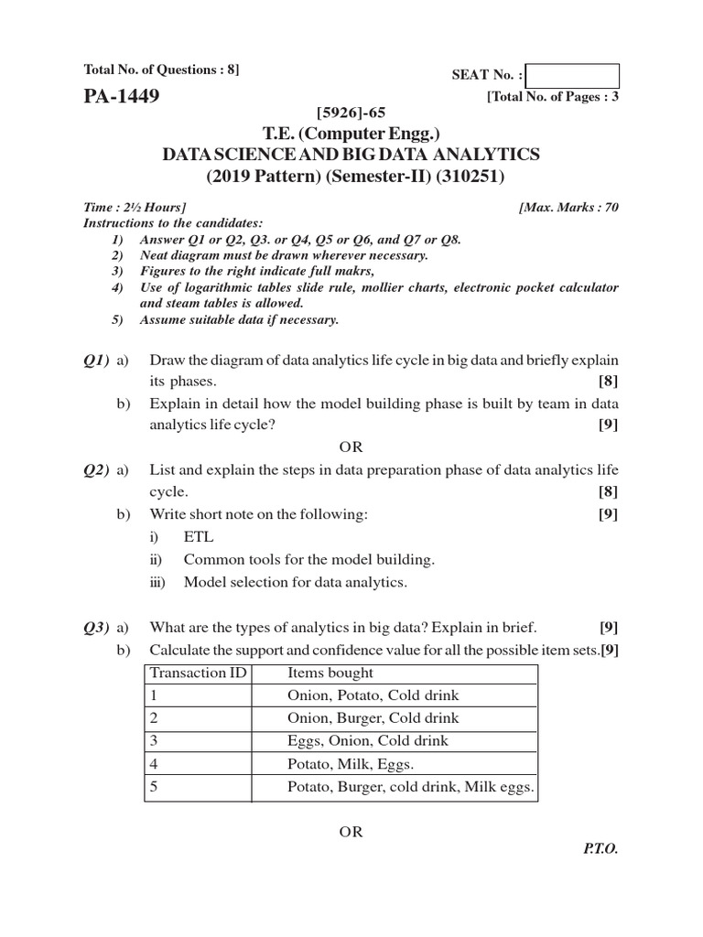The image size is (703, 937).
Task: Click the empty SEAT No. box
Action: (573, 76)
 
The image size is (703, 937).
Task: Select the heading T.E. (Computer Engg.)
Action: (351, 134)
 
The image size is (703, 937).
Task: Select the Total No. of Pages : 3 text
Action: (554, 96)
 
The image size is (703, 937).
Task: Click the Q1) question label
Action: (97, 360)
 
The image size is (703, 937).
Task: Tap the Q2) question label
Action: (97, 469)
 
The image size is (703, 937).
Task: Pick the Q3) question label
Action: (97, 627)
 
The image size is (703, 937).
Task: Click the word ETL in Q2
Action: (199, 537)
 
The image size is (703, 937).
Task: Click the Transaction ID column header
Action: (199, 673)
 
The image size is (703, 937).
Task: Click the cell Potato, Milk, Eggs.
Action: (351, 763)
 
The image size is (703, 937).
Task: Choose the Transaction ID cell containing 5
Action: (155, 786)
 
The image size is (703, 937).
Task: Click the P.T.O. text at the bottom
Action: (600, 848)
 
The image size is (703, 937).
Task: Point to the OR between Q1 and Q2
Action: (351, 447)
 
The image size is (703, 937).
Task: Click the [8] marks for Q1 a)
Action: (609, 381)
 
